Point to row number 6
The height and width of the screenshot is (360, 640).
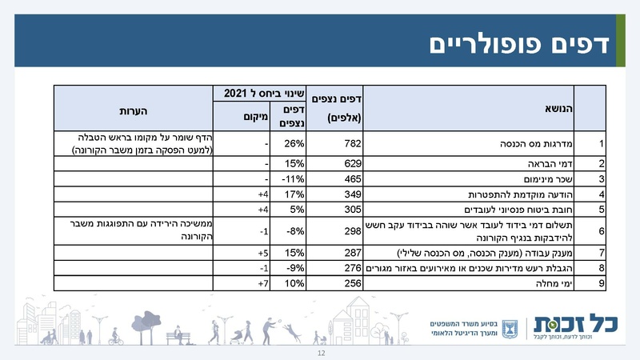coord(601,231)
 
